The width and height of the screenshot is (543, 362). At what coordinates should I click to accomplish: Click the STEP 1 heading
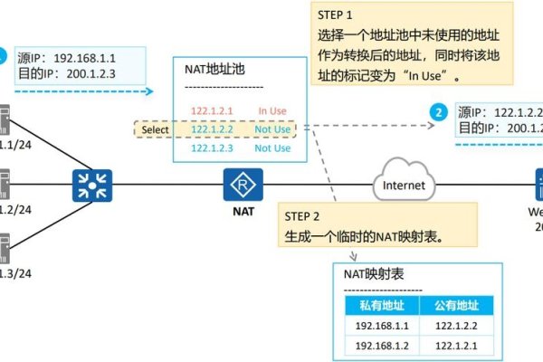[x=335, y=16]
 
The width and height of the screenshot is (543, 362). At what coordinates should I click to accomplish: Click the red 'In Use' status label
[x=272, y=111]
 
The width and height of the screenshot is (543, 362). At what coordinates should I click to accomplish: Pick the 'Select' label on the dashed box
[x=155, y=129]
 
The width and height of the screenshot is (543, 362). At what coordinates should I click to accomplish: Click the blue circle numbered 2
[x=439, y=113]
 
